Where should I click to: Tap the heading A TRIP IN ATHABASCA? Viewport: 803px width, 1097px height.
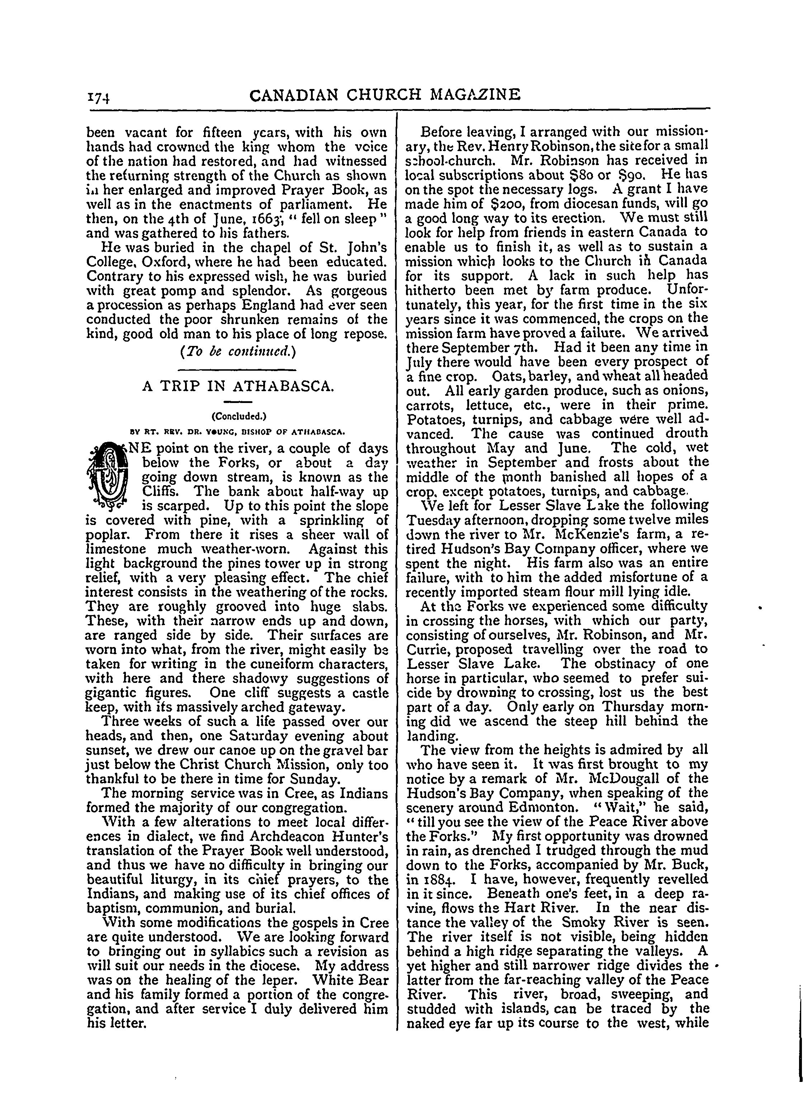pos(238,386)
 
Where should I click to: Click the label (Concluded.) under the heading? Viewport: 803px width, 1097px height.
pos(238,416)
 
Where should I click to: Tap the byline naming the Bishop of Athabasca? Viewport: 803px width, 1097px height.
pos(238,431)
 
